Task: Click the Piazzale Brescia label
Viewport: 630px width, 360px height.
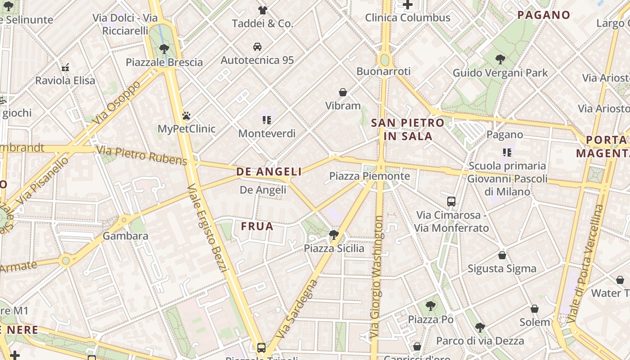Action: (x=164, y=62)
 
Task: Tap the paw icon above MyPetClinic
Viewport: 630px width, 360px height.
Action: (x=186, y=116)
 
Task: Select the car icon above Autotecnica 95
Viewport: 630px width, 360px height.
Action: (x=257, y=47)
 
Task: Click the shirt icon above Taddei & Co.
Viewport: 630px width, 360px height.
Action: (x=263, y=10)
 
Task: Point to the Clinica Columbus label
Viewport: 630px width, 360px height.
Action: (x=407, y=18)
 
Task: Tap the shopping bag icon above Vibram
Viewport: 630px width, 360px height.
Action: (x=343, y=92)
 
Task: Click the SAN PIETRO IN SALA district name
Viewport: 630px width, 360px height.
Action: (x=408, y=129)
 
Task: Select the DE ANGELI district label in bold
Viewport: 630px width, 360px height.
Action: (x=269, y=171)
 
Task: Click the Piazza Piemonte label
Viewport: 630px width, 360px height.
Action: (x=369, y=176)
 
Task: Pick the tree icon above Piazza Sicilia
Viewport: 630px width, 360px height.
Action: (x=333, y=234)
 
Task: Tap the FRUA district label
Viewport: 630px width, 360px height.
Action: (x=257, y=226)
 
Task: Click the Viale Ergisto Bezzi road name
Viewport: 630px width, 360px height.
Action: (x=207, y=228)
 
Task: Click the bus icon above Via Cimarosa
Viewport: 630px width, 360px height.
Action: (x=451, y=202)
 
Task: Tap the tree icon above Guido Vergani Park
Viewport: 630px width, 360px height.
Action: (x=500, y=59)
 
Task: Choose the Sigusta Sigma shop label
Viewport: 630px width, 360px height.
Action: (x=502, y=269)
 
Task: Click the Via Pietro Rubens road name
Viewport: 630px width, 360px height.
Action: (x=141, y=155)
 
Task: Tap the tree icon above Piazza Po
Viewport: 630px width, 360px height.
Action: (x=431, y=306)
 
